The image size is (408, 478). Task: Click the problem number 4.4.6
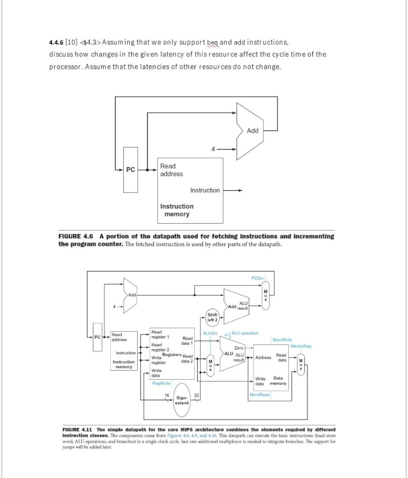(56, 43)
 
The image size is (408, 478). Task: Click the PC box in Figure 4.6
(131, 170)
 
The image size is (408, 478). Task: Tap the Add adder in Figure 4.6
(252, 131)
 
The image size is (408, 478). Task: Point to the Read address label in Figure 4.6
(171, 170)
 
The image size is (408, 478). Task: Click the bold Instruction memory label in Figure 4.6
(176, 210)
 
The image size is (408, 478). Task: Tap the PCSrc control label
(257, 278)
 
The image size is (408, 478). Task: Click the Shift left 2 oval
(212, 317)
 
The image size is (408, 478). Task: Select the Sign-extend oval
(182, 400)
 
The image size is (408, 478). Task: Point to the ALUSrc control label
(210, 333)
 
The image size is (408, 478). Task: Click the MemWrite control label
(282, 341)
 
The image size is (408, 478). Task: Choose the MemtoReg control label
(301, 346)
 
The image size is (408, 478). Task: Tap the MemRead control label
(260, 395)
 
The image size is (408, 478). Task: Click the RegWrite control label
(161, 383)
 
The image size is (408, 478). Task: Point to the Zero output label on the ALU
(239, 348)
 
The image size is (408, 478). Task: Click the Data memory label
(279, 380)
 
